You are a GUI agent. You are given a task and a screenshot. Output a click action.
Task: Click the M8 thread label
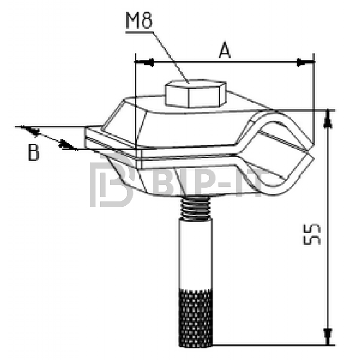coord(139,20)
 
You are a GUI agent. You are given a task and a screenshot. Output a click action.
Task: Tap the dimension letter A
coord(225,49)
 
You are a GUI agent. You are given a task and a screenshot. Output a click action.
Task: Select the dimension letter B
coord(33,153)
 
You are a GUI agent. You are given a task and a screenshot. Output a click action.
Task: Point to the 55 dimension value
coord(311,234)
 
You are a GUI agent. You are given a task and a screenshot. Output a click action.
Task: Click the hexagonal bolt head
coord(196,94)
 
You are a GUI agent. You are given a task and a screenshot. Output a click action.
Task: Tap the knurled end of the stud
coord(196,318)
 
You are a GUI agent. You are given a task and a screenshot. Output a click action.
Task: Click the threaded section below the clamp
coord(196,208)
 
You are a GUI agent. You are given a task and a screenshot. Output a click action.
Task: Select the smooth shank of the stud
coord(196,254)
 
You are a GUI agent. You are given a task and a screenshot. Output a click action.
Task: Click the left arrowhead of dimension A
coord(144,62)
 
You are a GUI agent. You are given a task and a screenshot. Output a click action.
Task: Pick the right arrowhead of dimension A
coord(305,62)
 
